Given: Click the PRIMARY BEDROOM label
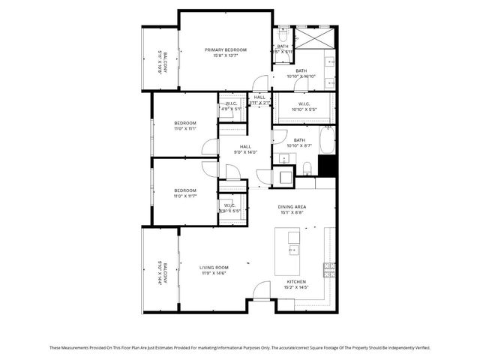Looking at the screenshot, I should coord(226,49).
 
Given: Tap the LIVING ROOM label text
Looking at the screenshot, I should coord(214,267).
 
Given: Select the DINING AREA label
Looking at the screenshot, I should coord(292,207).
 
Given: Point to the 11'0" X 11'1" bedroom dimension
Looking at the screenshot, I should coord(185,128).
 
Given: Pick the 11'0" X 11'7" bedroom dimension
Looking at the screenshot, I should coord(185,196).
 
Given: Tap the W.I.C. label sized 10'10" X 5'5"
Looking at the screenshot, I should coord(304,104).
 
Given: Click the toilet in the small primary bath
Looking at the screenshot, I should coord(283,34).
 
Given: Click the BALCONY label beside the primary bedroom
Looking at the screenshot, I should coord(159,61).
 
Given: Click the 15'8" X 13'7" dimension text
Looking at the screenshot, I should coord(226,55).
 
